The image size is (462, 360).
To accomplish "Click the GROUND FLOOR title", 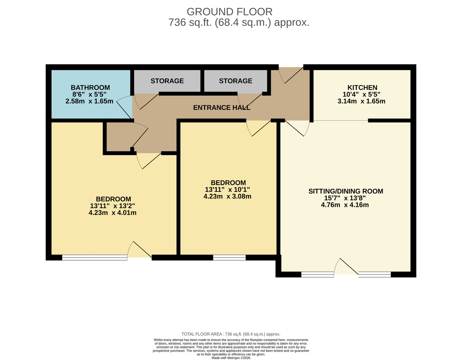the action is (230, 12).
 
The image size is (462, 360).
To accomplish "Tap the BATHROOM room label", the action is (90, 87).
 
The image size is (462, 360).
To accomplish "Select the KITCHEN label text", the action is (362, 87).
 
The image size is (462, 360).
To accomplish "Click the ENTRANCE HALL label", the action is (222, 108).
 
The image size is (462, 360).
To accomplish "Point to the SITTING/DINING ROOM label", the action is (346, 191).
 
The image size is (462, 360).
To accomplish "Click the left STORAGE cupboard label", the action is (167, 81).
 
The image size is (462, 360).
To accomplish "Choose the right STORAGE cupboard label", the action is (236, 81).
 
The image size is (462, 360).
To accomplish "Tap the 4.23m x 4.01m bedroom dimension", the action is (113, 212).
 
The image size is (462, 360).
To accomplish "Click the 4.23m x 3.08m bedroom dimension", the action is (227, 196).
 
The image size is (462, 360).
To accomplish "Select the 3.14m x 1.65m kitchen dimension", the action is (361, 101).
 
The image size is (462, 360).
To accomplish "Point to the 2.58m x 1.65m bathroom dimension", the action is (89, 101).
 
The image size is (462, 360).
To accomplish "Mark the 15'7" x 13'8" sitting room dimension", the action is (345, 198).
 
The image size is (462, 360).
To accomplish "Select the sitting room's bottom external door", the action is (346, 266).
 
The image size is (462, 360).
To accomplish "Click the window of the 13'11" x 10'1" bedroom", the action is (229, 258).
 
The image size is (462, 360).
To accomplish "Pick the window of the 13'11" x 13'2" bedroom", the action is (95, 258).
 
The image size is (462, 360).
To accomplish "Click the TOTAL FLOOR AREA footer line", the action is (231, 334).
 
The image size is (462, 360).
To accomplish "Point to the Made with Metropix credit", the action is (231, 358).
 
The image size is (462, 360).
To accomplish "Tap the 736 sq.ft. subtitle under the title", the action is (239, 22).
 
